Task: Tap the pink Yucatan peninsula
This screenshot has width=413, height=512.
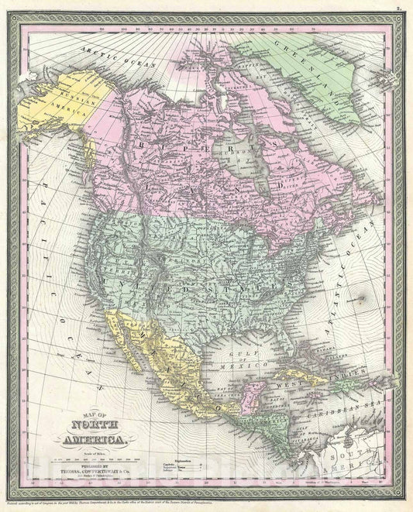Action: click(x=249, y=383)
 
